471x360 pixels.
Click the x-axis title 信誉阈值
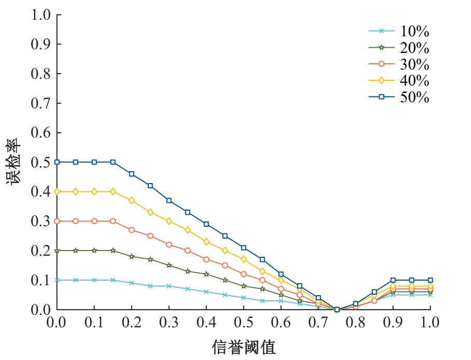(243, 347)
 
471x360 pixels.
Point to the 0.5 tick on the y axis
(41, 162)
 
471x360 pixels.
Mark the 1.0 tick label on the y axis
(41, 15)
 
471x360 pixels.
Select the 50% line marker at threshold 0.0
(57, 162)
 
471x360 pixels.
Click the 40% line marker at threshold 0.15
(113, 191)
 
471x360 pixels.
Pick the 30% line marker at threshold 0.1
(94, 221)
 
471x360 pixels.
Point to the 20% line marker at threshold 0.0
(57, 251)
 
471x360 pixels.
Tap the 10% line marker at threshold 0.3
(169, 286)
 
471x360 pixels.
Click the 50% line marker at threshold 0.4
(206, 224)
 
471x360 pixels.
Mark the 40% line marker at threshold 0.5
(244, 259)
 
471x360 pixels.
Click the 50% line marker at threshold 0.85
(374, 292)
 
